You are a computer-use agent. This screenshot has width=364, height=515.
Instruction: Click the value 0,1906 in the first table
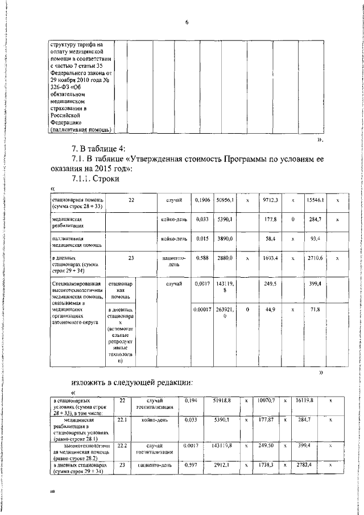(201, 200)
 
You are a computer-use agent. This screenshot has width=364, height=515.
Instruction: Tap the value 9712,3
(270, 200)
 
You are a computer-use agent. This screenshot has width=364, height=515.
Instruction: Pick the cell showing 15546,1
(314, 200)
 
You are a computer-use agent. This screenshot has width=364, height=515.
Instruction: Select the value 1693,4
(270, 258)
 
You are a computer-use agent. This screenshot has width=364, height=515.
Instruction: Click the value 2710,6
(314, 258)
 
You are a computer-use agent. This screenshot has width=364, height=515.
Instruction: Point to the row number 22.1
(121, 419)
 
